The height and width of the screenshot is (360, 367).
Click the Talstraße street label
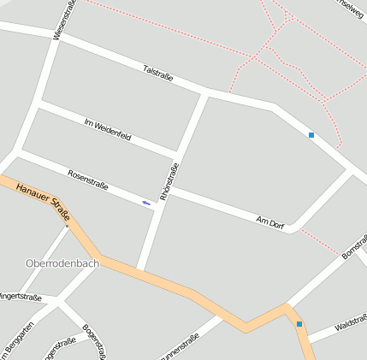click(158, 74)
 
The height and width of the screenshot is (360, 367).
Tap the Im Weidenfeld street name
click(108, 131)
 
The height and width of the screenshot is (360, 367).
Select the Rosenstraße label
click(88, 179)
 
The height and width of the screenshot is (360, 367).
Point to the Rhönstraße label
click(169, 181)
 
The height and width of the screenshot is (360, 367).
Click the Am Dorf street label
click(269, 222)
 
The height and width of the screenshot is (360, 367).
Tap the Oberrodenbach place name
click(62, 263)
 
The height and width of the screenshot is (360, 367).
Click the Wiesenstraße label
click(63, 19)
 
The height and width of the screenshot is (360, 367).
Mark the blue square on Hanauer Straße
click(299, 323)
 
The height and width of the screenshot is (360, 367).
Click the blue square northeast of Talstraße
click(311, 135)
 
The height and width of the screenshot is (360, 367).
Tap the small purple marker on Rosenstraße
click(146, 203)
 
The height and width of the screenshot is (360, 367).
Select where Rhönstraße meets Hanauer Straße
click(142, 273)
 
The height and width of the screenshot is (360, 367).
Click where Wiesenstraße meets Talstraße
click(58, 35)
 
